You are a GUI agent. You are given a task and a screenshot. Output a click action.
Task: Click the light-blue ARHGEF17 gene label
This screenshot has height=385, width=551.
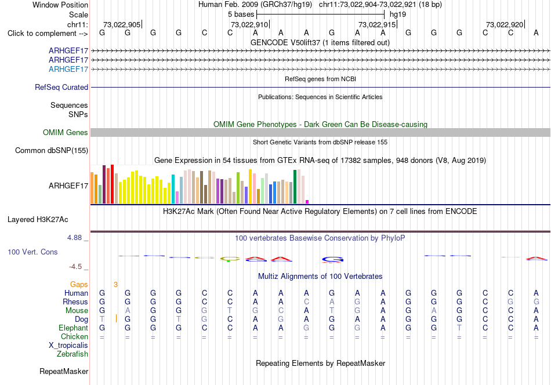(68, 69)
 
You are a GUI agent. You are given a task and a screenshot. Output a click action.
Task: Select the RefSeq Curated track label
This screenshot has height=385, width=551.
(61, 87)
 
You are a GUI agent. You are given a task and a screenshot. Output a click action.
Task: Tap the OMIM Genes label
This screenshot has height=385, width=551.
(66, 132)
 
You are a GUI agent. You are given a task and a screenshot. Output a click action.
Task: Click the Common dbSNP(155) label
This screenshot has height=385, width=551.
(52, 150)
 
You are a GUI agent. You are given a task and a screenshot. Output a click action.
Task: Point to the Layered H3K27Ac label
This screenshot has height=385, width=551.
(38, 220)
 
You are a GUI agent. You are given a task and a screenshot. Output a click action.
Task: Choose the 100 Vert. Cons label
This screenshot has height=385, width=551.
(32, 252)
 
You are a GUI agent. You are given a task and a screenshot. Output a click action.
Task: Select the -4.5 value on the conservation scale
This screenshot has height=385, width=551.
(75, 267)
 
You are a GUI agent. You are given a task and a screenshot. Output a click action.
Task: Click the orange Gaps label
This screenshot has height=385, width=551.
(79, 284)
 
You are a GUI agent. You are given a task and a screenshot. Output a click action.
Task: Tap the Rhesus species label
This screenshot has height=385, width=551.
(75, 302)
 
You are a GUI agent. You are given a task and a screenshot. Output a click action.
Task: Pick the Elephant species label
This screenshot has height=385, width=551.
(74, 328)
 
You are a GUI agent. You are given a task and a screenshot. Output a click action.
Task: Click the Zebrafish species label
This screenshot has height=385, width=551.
(72, 354)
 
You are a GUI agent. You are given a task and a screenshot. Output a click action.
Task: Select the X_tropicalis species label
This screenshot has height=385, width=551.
(68, 346)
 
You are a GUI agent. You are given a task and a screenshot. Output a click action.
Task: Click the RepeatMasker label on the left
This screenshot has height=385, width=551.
(64, 371)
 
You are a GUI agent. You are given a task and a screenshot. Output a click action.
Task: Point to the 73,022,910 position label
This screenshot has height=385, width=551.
(249, 24)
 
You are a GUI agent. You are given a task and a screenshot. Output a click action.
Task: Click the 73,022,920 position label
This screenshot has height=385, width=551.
(505, 24)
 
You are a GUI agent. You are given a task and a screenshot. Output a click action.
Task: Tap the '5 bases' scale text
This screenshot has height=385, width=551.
(241, 14)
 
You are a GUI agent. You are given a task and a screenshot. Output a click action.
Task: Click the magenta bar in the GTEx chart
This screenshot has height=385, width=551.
(307, 202)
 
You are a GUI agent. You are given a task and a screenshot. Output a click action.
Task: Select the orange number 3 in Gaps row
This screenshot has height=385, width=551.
(115, 285)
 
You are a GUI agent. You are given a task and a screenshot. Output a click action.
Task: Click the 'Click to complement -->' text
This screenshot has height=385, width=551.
(48, 34)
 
